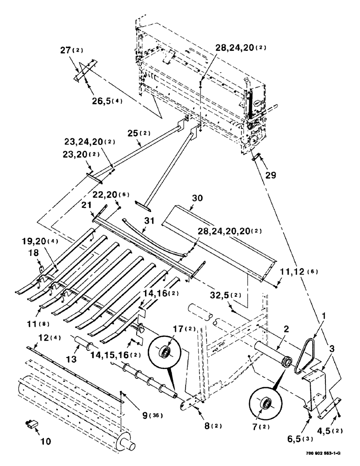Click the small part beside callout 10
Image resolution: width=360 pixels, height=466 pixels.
[x=32, y=424]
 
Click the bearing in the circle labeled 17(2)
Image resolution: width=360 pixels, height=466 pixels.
[x=164, y=351]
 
